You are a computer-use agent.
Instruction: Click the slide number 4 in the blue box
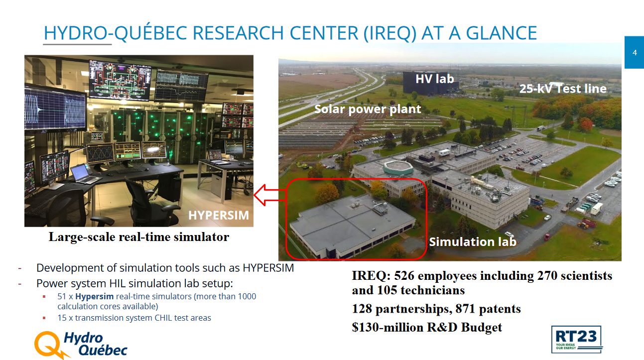[635, 53]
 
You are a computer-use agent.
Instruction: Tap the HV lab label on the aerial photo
[435, 79]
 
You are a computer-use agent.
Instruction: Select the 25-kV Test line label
[563, 89]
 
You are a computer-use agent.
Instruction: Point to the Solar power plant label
[368, 109]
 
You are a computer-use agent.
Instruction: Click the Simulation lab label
[473, 241]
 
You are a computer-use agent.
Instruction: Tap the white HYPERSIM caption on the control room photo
[219, 215]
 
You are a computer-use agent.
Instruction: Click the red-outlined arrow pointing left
[269, 195]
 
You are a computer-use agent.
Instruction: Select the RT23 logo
[576, 339]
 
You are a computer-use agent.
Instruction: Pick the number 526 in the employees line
[404, 275]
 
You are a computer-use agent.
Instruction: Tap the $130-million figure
[387, 328]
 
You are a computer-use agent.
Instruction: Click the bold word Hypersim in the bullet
[94, 296]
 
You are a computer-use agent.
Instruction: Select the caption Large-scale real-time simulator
[139, 237]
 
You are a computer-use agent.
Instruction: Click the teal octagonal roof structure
[398, 167]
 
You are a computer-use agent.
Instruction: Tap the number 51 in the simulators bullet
[62, 296]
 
